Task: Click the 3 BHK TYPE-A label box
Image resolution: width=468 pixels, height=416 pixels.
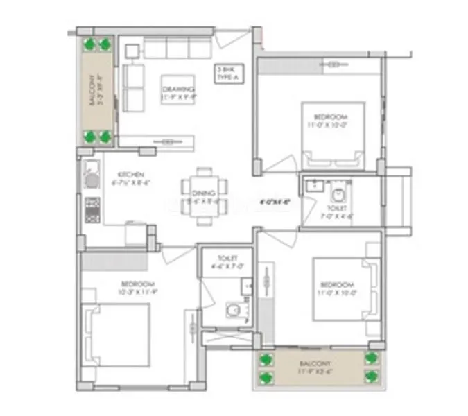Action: click(225, 73)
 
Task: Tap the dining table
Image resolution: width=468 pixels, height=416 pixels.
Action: click(202, 196)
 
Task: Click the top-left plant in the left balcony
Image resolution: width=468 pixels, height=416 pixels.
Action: click(89, 44)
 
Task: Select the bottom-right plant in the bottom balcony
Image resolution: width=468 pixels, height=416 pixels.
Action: click(372, 378)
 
